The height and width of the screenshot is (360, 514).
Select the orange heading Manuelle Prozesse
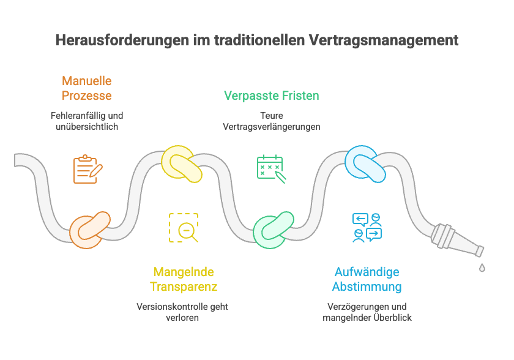(87, 88)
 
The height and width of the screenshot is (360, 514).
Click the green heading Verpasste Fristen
(271, 96)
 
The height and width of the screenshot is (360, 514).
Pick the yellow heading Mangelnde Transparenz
(184, 279)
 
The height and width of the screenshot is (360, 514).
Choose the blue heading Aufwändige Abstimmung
(367, 279)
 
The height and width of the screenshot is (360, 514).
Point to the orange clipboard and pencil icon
(87, 169)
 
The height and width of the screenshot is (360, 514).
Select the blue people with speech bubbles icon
(367, 228)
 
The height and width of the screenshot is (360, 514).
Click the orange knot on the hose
(89, 229)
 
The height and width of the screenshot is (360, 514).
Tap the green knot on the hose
(273, 230)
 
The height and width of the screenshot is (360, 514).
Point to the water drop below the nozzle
(482, 268)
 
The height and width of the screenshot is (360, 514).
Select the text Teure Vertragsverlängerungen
(271, 121)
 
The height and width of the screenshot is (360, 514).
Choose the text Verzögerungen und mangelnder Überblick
(367, 312)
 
